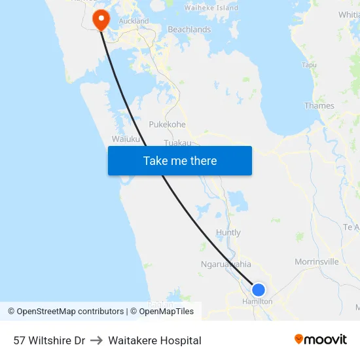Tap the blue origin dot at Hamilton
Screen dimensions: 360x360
[259, 289]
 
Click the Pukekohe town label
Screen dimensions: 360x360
[167, 124]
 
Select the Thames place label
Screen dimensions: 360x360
[319, 105]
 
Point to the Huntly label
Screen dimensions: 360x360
[228, 232]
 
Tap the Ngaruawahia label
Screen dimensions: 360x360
[226, 264]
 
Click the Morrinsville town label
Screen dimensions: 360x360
[317, 261]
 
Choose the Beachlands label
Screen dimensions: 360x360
[189, 29]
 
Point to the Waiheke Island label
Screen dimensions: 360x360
[211, 8]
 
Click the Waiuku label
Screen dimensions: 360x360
[126, 139]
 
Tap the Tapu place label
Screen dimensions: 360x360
[309, 65]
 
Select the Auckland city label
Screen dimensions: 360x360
[134, 21]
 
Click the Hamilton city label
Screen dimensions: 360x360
[257, 302]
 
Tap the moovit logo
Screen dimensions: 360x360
[320, 339]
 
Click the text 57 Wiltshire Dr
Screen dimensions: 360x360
[49, 340]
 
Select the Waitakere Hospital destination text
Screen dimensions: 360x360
[154, 340]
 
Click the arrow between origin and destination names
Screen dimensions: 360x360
[96, 340]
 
